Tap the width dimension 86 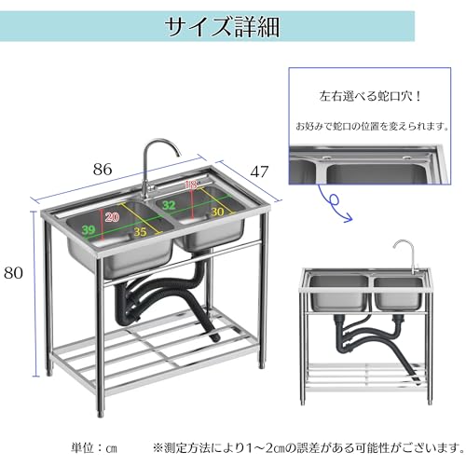103,170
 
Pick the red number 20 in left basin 112,217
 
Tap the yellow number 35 139,234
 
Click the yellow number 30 217,213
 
